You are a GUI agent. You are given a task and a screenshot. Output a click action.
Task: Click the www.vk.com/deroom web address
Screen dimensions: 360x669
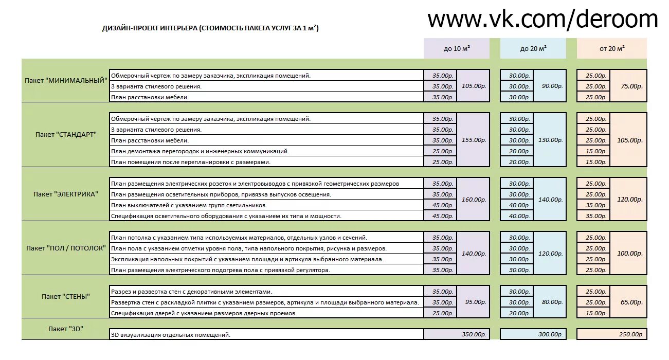(543, 20)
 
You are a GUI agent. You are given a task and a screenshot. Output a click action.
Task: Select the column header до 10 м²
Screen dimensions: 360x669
(457, 48)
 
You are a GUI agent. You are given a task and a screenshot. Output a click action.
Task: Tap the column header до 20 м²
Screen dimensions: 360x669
(533, 48)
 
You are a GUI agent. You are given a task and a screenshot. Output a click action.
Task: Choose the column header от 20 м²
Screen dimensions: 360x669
(612, 48)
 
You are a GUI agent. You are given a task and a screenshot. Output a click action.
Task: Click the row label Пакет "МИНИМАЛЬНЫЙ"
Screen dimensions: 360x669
(66, 80)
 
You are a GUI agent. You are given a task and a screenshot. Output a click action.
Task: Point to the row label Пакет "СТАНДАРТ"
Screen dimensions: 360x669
(66, 135)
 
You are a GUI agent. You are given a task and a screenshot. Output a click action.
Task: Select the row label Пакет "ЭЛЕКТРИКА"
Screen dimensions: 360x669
(66, 194)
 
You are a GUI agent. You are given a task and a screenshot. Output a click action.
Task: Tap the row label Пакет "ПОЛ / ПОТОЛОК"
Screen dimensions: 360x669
(66, 248)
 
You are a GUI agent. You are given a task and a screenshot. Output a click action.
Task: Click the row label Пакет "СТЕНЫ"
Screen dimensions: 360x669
(66, 296)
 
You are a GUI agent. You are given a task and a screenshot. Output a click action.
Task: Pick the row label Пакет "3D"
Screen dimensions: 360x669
(65, 329)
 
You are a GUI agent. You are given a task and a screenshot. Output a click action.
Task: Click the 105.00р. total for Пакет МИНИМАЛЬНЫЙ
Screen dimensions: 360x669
(473, 86)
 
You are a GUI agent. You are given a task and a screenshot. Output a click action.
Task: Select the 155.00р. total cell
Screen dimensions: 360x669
(473, 140)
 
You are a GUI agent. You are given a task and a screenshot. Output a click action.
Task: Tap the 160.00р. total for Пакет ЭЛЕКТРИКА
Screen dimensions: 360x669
(473, 200)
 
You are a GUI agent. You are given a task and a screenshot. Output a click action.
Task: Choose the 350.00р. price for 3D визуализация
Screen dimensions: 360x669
(473, 335)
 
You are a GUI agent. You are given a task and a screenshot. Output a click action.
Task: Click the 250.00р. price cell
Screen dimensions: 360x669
(631, 335)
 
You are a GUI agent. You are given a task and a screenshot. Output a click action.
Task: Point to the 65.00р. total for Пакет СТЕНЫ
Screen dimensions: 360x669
(628, 302)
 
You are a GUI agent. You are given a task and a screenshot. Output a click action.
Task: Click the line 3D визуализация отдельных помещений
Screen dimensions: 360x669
(171, 335)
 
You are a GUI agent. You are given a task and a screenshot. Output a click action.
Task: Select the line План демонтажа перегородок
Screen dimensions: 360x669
(200, 151)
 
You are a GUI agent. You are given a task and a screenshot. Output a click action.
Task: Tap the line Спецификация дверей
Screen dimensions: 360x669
(204, 313)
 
